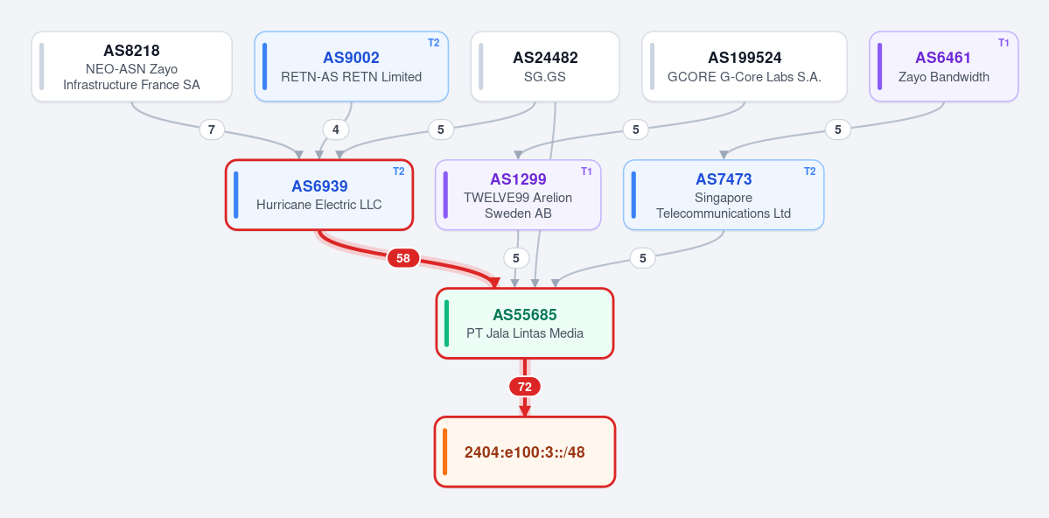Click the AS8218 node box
click(x=132, y=66)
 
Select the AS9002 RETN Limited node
click(x=351, y=66)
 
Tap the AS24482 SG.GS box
click(x=545, y=66)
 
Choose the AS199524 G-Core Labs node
click(x=745, y=66)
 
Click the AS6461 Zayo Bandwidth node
click(x=944, y=66)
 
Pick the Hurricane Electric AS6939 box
click(x=319, y=195)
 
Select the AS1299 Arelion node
click(x=519, y=195)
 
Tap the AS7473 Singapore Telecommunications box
click(x=724, y=195)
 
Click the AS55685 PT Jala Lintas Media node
click(x=525, y=323)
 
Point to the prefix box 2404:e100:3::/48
click(x=525, y=451)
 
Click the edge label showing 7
click(x=212, y=129)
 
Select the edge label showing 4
click(x=336, y=129)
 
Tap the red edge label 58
click(x=402, y=257)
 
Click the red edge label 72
click(x=525, y=386)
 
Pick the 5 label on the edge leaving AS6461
click(x=837, y=129)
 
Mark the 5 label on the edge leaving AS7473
click(x=643, y=257)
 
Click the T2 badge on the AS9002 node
click(x=434, y=43)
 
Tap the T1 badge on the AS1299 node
click(x=587, y=171)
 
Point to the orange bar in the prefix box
click(x=445, y=451)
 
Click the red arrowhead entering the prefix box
click(x=525, y=411)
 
